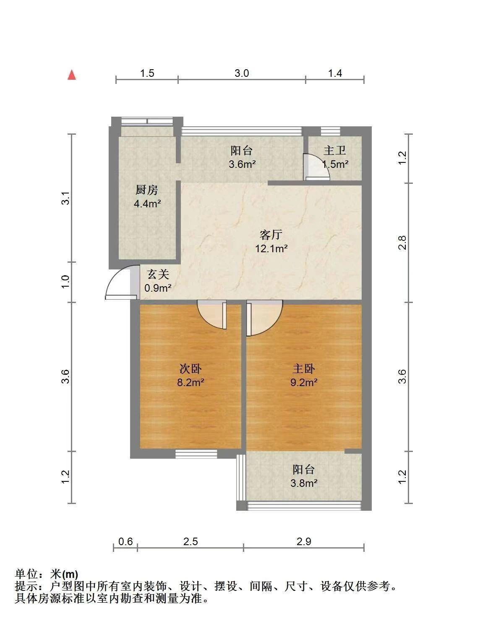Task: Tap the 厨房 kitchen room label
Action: (x=147, y=190)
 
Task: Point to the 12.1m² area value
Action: (x=271, y=248)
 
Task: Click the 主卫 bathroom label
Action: (x=335, y=150)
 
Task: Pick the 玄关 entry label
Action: (x=158, y=274)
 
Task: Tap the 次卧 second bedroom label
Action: (x=190, y=368)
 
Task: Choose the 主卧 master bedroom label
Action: (x=304, y=368)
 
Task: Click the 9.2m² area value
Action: (x=304, y=382)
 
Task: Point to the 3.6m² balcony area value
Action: (x=242, y=164)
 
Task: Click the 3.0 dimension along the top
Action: (x=241, y=73)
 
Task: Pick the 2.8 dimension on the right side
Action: (x=402, y=243)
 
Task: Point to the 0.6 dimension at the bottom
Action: (x=125, y=541)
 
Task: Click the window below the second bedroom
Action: (x=196, y=454)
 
